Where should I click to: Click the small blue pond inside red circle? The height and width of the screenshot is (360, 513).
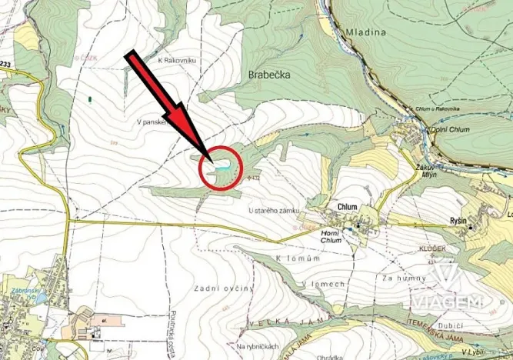point(222,165)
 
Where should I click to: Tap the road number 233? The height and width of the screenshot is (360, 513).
point(6,64)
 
